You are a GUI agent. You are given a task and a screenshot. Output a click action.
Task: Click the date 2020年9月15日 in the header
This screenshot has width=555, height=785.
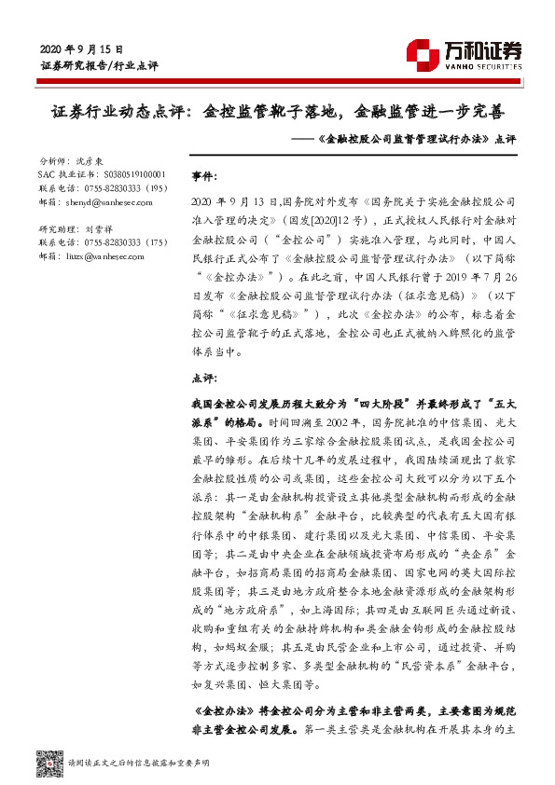[83, 48]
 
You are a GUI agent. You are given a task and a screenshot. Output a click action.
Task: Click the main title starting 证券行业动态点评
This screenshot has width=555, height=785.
[277, 112]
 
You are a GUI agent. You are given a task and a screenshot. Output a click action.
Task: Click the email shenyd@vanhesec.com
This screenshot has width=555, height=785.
[107, 201]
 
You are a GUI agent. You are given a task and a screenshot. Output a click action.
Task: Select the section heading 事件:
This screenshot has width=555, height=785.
[206, 175]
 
